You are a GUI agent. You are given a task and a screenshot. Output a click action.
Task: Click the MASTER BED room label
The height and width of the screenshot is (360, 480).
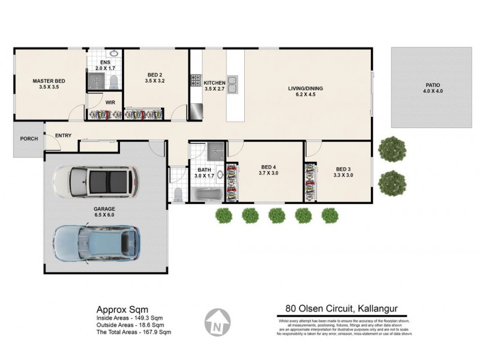point(49,81)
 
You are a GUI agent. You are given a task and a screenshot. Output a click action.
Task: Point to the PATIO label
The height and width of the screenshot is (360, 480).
point(430,85)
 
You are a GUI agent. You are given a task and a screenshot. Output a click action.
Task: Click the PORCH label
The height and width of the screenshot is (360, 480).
point(28,139)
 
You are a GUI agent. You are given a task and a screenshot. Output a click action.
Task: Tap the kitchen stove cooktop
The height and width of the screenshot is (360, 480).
point(195,80)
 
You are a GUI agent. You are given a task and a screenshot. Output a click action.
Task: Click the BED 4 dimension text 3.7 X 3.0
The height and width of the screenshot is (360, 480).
point(269,173)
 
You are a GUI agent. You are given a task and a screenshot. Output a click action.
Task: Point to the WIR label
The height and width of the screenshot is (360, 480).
point(110,103)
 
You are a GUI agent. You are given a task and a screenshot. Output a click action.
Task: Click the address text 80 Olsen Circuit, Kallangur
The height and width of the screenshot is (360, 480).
point(341,310)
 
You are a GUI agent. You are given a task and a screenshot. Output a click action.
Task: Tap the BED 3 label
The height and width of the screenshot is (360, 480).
point(344,169)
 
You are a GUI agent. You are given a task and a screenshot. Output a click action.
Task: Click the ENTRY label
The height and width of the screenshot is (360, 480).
point(63,136)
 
